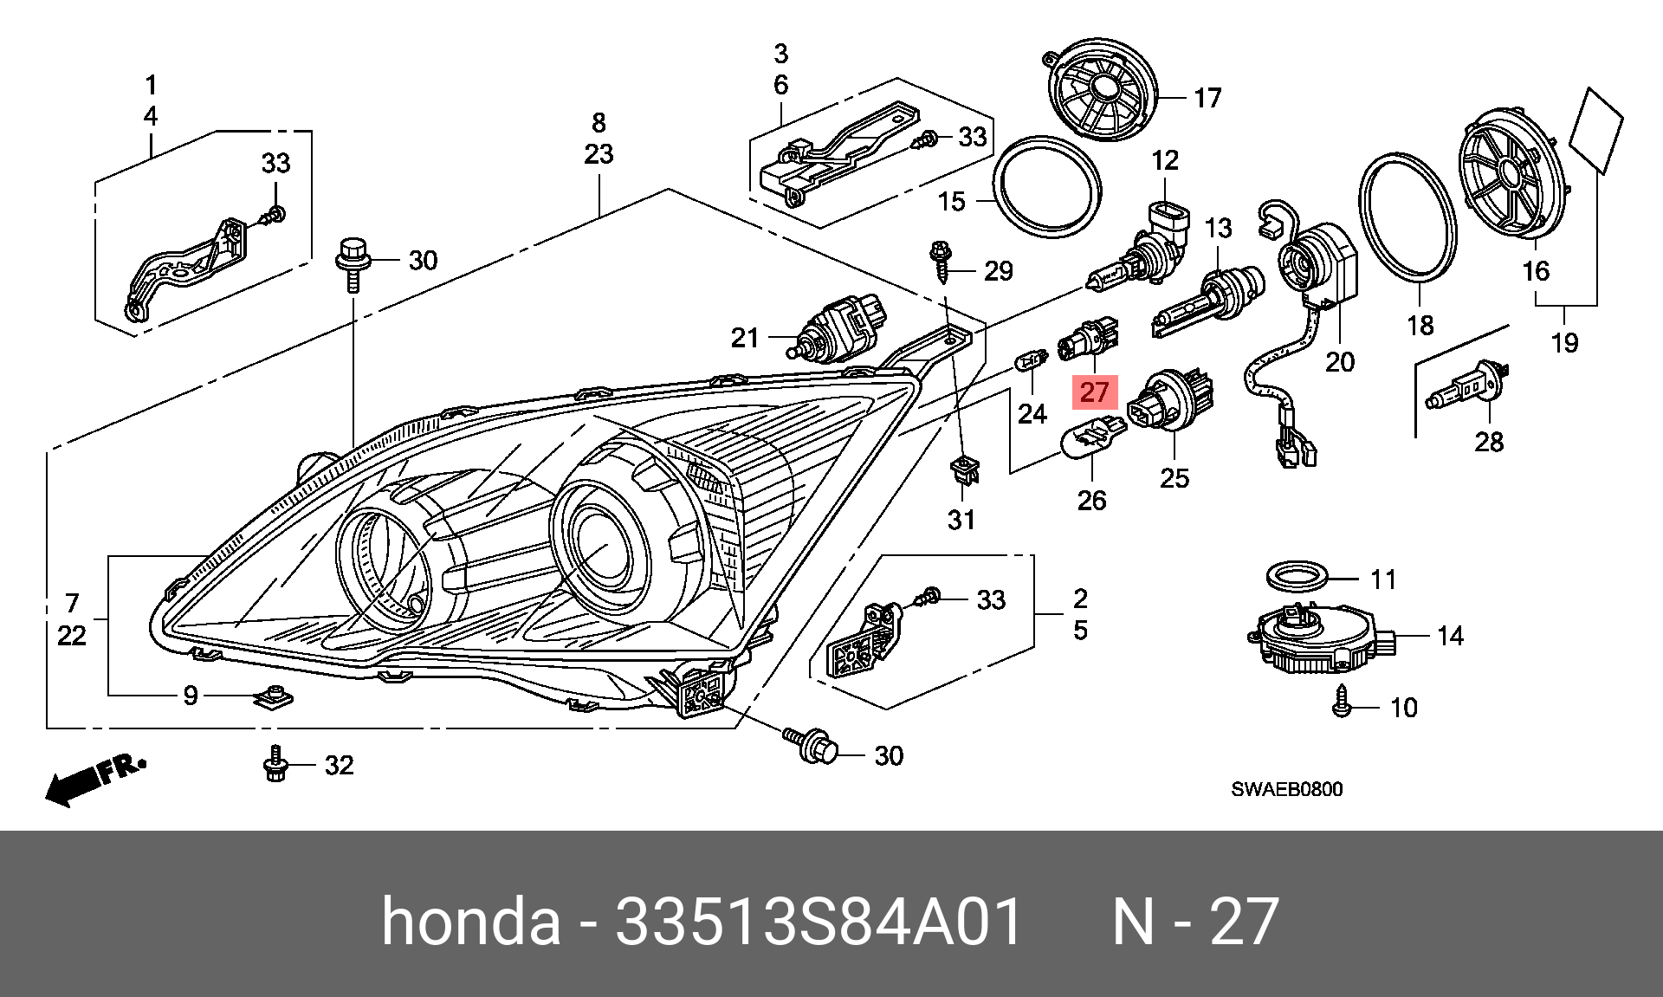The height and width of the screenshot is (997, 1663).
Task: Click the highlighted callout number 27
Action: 1095,392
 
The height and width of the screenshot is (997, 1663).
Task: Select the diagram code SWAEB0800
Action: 1286,789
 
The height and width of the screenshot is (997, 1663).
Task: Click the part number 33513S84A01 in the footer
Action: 819,922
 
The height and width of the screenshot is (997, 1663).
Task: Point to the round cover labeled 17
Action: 1103,89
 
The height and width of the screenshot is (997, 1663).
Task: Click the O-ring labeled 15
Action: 1047,186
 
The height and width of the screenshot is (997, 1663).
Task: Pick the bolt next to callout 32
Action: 275,764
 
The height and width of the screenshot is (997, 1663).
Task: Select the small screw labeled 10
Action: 1342,702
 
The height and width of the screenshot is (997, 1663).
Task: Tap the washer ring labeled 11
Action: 1297,576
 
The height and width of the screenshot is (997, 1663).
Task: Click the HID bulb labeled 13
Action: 1208,299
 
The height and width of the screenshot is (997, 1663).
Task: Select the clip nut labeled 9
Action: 275,696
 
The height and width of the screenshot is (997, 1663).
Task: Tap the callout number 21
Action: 744,338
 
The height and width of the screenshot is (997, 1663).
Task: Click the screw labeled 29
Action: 941,260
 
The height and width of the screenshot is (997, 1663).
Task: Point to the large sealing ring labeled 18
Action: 1407,217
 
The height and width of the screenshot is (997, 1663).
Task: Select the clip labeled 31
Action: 964,473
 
